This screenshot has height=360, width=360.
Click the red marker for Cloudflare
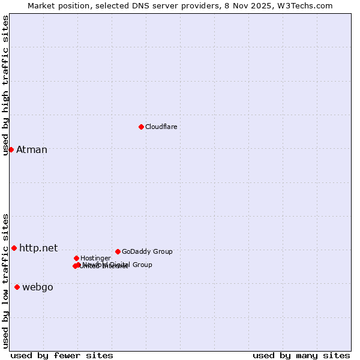141,127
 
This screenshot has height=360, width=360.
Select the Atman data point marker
11,149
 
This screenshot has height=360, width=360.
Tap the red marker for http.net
14,248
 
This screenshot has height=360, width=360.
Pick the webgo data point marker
17,287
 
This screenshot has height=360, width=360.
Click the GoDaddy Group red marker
118,251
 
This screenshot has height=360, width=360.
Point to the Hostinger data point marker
76,258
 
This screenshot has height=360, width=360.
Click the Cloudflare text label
161,127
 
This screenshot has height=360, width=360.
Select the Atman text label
32,149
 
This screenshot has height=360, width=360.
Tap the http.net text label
38,248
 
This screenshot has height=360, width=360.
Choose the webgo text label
38,287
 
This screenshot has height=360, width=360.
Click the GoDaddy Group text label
147,251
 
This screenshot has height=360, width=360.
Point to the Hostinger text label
95,258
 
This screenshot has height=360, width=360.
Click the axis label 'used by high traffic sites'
5,85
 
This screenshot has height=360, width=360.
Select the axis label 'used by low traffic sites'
5,280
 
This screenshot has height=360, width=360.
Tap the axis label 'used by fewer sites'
62,356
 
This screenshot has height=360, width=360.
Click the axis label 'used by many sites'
301,356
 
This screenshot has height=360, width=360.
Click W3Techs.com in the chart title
309,5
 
